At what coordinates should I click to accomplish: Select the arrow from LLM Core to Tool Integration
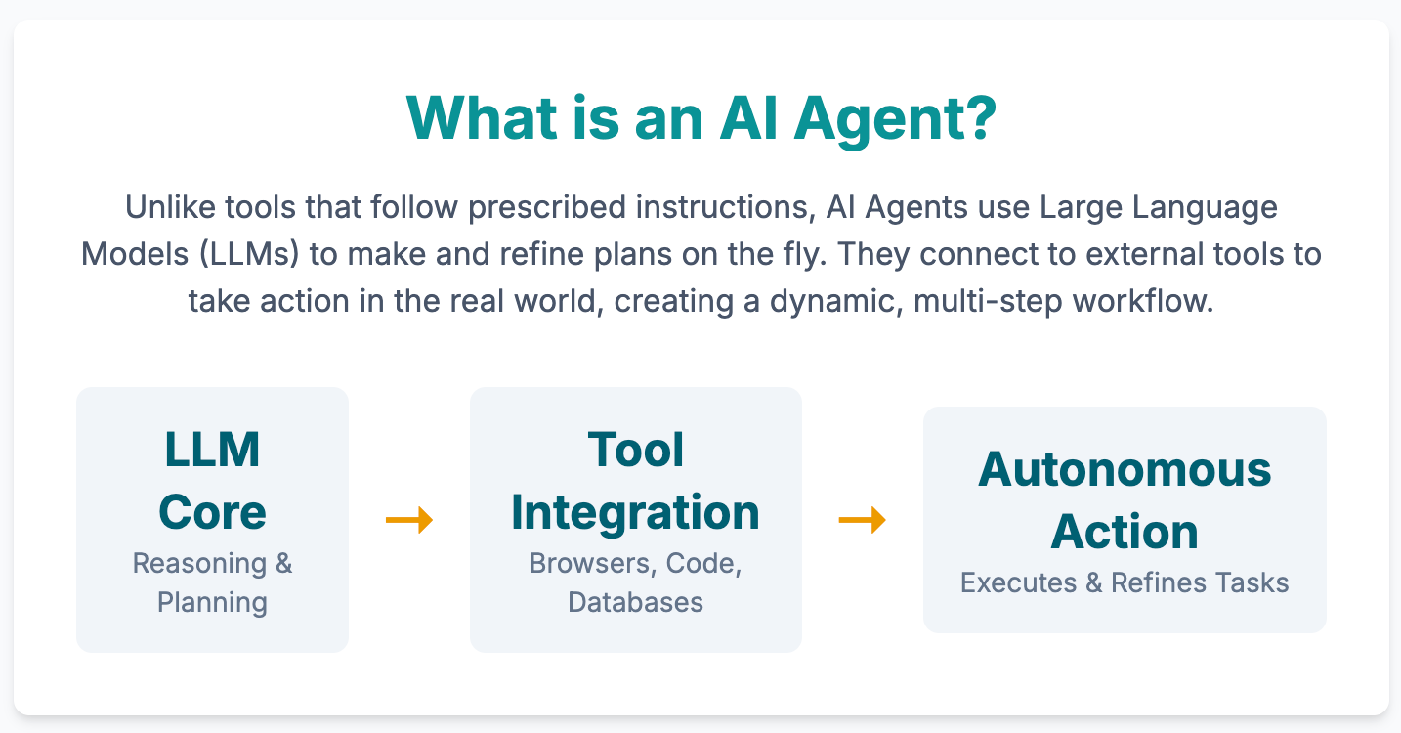(409, 520)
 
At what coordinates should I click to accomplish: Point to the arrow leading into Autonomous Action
(862, 520)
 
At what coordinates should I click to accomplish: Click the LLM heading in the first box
(212, 450)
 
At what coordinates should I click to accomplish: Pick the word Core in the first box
(212, 512)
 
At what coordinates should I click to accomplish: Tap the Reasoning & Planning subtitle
(212, 582)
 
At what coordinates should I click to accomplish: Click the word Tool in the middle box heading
(636, 450)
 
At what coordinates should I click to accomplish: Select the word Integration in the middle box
(636, 512)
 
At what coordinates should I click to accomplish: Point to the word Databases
(636, 601)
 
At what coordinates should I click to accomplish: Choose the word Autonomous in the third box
(1125, 469)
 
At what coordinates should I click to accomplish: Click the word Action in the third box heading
(1125, 532)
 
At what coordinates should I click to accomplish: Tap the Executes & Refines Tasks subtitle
(1125, 583)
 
